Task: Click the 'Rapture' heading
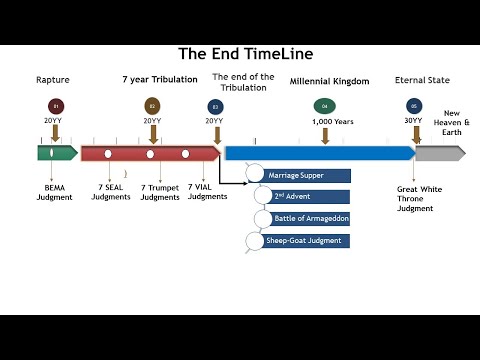click(53, 79)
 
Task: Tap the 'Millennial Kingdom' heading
click(329, 80)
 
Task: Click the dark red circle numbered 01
click(55, 105)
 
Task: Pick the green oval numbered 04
click(323, 105)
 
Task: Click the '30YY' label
click(413, 121)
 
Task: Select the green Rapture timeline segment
click(57, 153)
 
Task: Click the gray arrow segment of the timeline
click(439, 153)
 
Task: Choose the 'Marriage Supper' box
click(304, 176)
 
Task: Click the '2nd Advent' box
click(304, 197)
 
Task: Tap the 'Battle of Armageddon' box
click(304, 219)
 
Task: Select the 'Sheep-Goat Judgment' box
click(304, 241)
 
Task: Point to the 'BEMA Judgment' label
click(54, 192)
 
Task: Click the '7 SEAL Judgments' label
click(110, 192)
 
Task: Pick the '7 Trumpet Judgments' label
click(160, 192)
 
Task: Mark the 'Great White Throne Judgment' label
click(420, 197)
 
